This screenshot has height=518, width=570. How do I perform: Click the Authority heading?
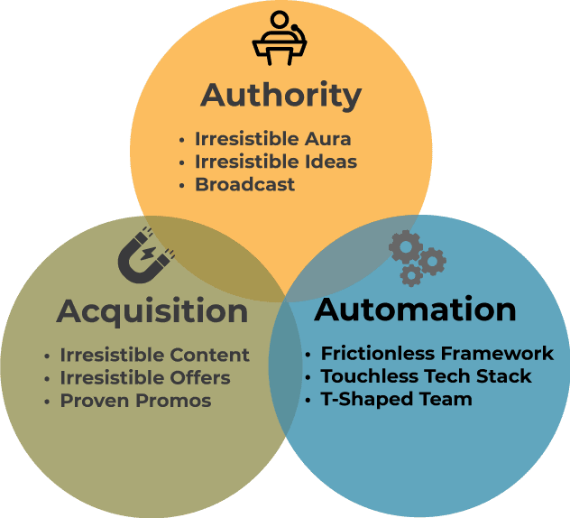tap(280, 96)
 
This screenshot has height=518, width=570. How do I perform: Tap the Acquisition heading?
tap(152, 312)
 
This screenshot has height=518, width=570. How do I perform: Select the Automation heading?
tap(415, 310)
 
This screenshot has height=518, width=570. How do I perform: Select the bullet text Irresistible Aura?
tap(272, 140)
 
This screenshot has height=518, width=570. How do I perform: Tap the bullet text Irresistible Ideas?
tap(276, 162)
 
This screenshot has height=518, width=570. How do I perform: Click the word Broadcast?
tap(244, 185)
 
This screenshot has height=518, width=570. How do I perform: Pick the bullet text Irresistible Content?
tap(154, 355)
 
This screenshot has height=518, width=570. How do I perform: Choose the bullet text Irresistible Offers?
tap(145, 377)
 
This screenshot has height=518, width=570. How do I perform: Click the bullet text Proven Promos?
tap(135, 400)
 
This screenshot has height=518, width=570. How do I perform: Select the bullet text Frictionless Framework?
tap(437, 354)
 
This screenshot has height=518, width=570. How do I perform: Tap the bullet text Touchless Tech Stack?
tap(426, 376)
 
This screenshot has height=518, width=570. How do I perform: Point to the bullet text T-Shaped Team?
tap(396, 399)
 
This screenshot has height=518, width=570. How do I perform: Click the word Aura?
tap(328, 140)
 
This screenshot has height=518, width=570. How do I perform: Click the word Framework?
tap(502, 354)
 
